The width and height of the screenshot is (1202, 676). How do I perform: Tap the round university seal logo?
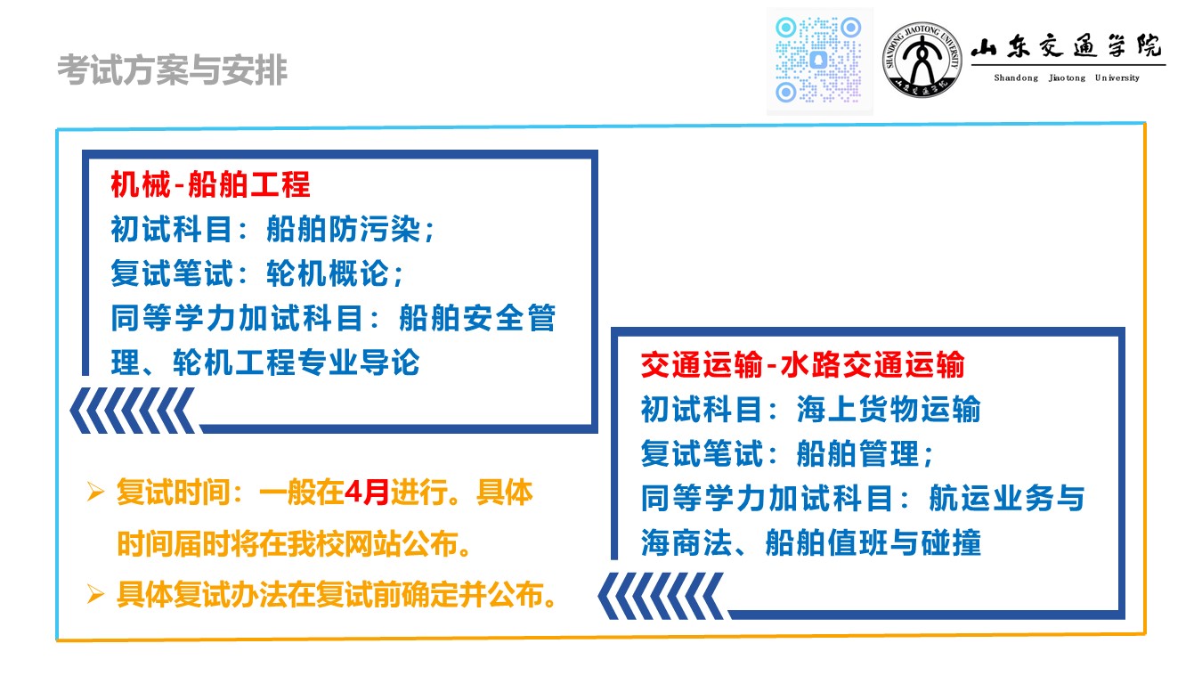click(x=922, y=60)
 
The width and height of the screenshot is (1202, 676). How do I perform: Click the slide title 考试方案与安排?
click(x=172, y=69)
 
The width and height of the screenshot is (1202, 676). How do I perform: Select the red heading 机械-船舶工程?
click(x=210, y=184)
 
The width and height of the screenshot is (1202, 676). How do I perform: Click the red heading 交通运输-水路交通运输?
click(x=803, y=365)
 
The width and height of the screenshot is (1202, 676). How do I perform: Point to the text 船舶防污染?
click(x=344, y=229)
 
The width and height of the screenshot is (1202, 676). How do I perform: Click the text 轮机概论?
click(x=328, y=273)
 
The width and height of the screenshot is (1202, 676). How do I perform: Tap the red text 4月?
click(x=367, y=492)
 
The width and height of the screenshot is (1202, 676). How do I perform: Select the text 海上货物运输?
click(x=889, y=409)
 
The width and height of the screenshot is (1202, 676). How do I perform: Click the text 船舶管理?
click(x=858, y=453)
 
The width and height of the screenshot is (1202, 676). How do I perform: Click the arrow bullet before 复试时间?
click(x=95, y=492)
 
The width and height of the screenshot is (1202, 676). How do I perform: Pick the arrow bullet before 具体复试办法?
click(x=95, y=594)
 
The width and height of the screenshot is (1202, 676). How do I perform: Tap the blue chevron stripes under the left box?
click(x=132, y=411)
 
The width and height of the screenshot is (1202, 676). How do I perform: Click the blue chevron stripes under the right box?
click(x=661, y=596)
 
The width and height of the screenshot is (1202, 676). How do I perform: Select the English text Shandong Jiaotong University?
click(x=1067, y=77)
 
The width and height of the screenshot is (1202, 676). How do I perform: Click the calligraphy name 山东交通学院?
click(x=1067, y=46)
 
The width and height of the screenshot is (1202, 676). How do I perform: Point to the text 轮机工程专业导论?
click(x=296, y=362)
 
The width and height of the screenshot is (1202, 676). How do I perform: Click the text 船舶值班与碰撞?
click(x=873, y=542)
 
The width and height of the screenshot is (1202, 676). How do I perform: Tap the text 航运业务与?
click(x=1007, y=498)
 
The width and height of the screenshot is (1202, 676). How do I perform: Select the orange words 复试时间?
click(x=174, y=493)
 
